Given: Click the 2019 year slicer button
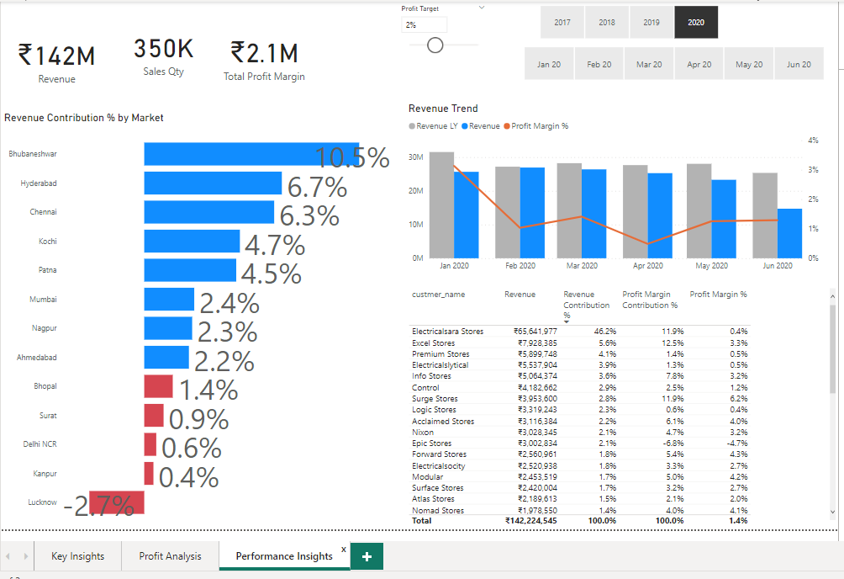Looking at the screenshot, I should [x=651, y=23].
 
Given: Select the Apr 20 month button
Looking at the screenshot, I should [x=699, y=65].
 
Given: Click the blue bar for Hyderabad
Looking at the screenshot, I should [x=213, y=183].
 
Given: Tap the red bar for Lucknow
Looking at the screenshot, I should [x=117, y=502].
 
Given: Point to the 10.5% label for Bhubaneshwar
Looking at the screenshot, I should [x=351, y=157].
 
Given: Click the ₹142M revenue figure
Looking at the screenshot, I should [x=56, y=56].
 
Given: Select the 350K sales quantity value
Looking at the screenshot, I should [x=163, y=50].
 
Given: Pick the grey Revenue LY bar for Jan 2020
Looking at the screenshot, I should [x=441, y=205].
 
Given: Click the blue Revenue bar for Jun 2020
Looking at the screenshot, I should [x=789, y=233].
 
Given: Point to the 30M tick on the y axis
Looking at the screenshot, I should [x=415, y=157].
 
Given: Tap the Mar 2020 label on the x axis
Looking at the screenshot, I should [x=582, y=266].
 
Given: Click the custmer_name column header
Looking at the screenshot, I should [x=438, y=295].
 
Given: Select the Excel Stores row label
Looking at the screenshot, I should [x=434, y=343].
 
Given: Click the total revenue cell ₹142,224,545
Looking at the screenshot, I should [x=530, y=521].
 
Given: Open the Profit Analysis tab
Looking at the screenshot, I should [x=170, y=555].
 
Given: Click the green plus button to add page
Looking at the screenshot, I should [x=367, y=555].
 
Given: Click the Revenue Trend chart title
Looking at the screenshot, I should [x=443, y=109].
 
